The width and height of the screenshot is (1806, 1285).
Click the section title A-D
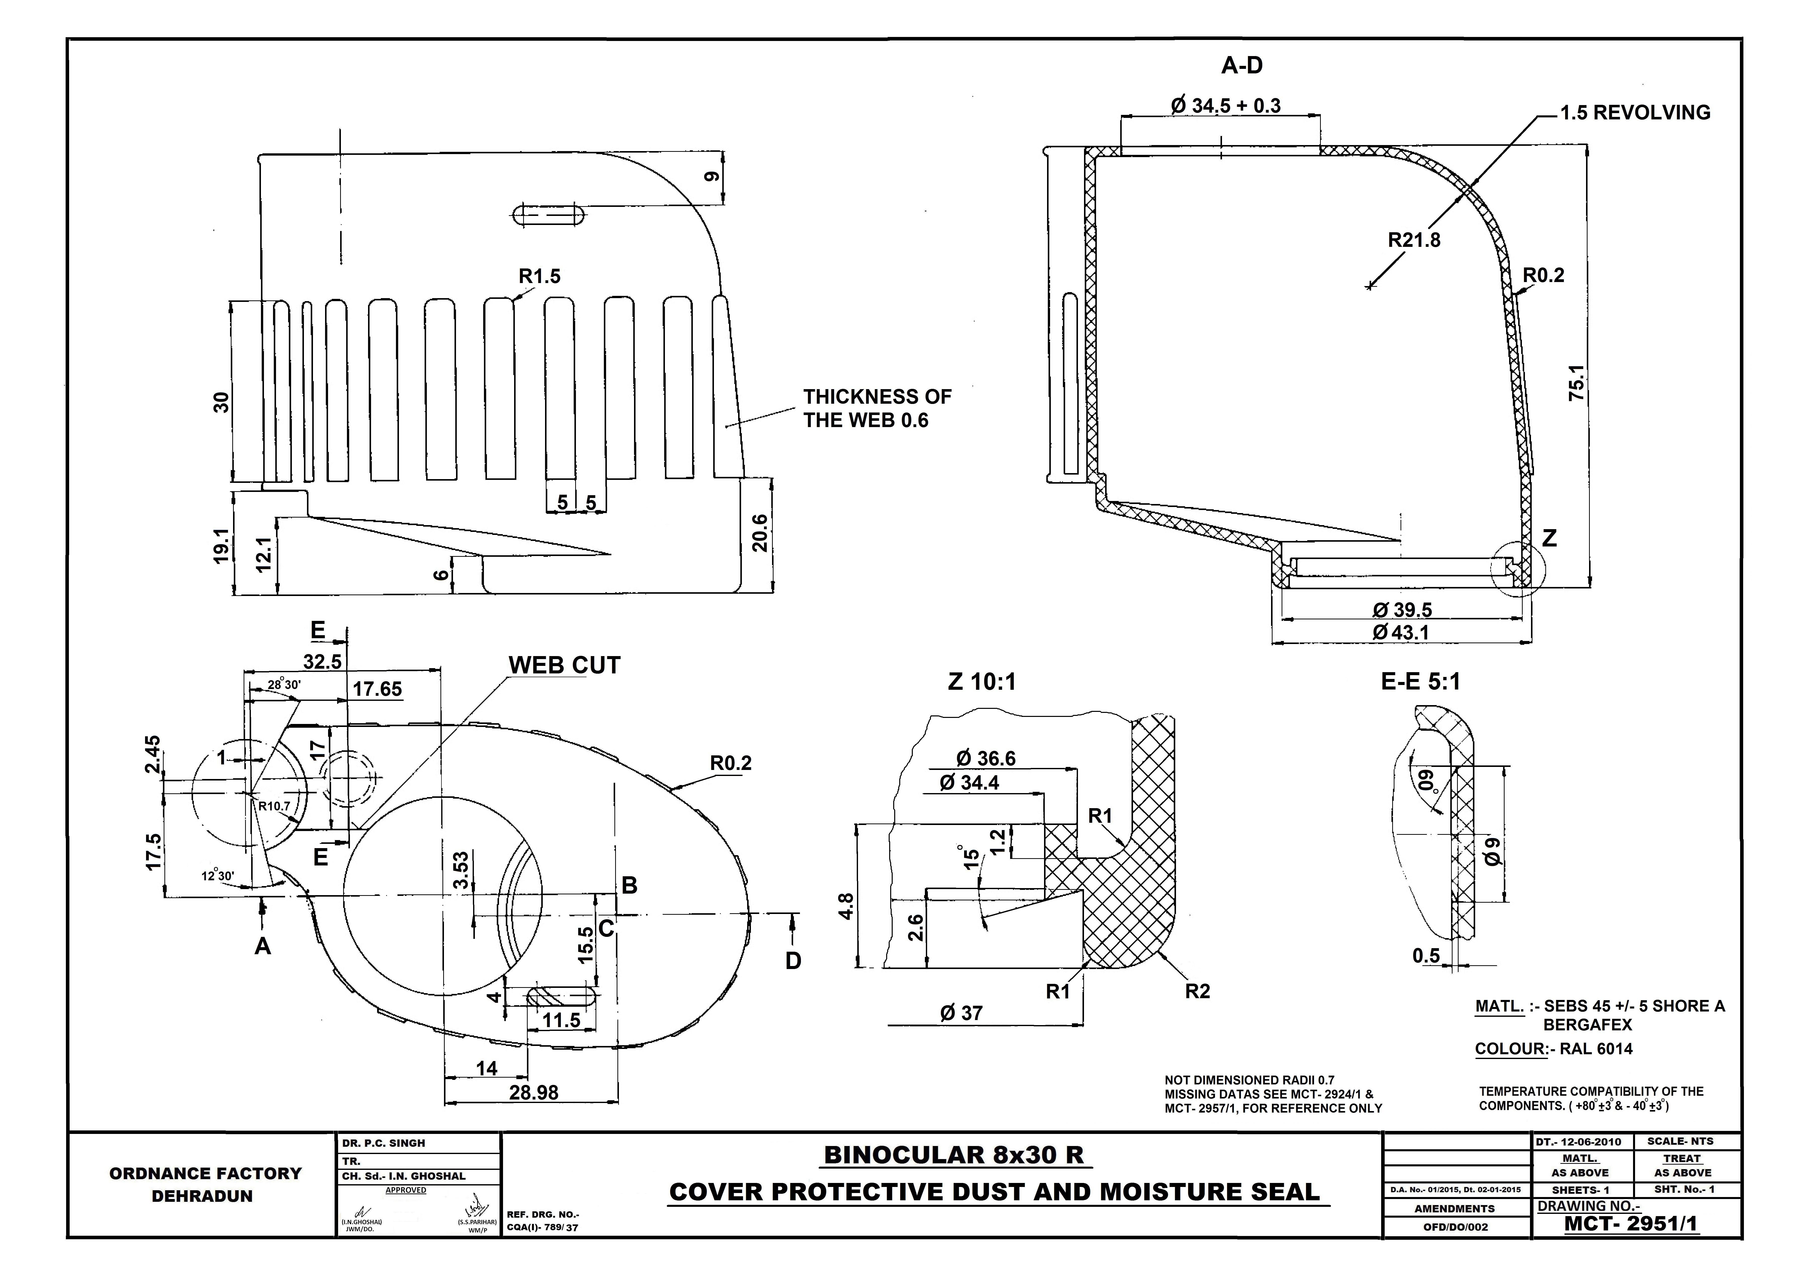click(x=1242, y=66)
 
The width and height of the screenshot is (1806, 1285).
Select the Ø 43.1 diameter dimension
click(x=1402, y=632)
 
